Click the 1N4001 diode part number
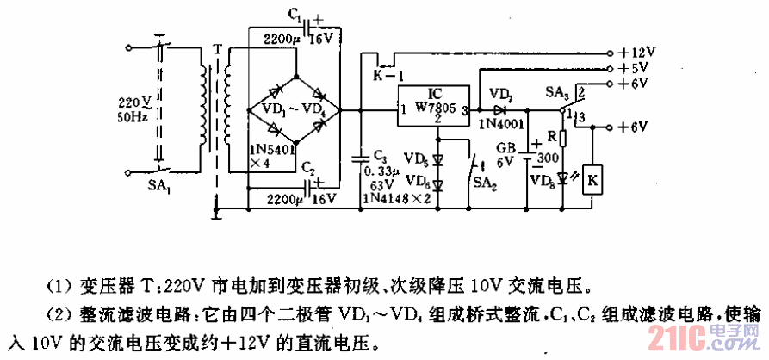pos(500,123)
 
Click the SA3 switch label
pos(558,91)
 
